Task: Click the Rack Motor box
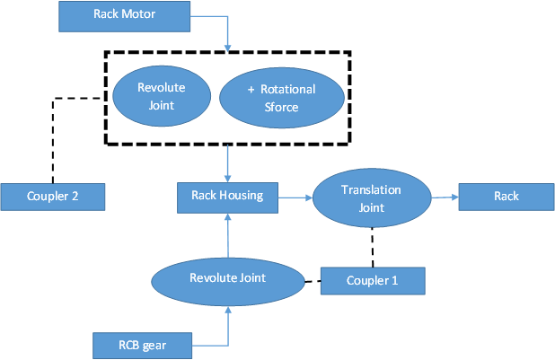124,17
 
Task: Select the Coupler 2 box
53,197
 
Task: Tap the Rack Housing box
227,198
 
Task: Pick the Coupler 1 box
373,281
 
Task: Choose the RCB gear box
142,346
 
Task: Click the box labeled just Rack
507,197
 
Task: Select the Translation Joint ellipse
372,198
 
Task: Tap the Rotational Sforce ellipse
282,98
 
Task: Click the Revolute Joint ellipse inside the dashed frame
162,96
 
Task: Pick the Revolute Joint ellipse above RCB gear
228,282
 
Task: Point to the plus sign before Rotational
251,90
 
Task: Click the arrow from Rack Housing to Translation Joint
295,198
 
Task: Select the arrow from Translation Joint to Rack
445,198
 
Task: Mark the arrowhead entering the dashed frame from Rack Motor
227,48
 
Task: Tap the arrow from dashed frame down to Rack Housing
227,163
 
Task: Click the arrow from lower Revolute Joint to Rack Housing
228,235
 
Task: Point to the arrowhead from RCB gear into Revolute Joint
228,310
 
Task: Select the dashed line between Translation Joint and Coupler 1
373,248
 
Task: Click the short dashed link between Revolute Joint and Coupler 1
313,281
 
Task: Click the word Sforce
281,107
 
